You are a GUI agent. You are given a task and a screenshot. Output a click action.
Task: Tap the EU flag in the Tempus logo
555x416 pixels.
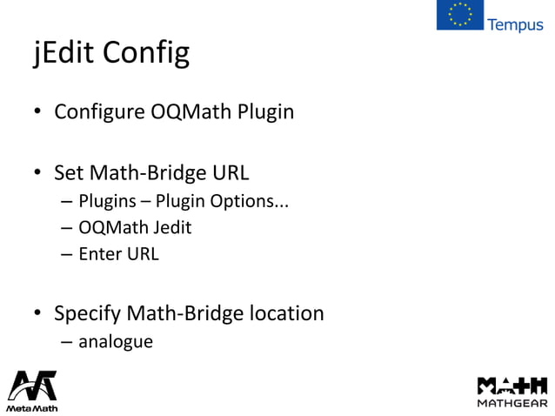coord(459,15)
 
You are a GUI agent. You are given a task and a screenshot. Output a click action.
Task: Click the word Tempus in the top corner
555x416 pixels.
coord(516,24)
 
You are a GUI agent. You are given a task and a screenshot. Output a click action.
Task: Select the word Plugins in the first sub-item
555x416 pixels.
coord(108,204)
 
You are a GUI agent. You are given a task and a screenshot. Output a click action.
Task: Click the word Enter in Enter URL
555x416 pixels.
coord(99,255)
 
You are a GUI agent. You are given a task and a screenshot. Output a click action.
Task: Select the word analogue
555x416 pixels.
coord(116,341)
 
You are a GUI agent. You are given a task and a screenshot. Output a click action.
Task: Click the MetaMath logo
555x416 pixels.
coord(32,390)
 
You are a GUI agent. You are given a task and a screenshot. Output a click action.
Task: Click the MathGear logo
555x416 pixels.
coord(512,390)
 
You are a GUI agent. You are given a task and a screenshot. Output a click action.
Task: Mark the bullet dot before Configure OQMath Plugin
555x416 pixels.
coord(38,113)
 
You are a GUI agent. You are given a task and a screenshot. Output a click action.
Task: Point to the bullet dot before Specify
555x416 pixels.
coord(38,312)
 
